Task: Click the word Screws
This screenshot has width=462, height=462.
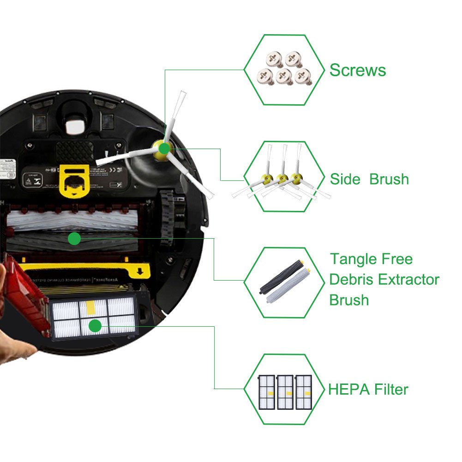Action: coord(358,71)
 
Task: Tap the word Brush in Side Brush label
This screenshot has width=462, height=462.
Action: coord(389,179)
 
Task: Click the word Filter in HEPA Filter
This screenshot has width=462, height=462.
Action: coord(391,389)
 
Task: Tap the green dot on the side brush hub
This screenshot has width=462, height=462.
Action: coord(163,148)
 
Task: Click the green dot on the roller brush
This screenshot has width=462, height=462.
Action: coord(74,239)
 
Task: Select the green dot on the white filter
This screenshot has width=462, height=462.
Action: coord(95,326)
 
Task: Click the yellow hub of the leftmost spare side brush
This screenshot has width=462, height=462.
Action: coord(267,177)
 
